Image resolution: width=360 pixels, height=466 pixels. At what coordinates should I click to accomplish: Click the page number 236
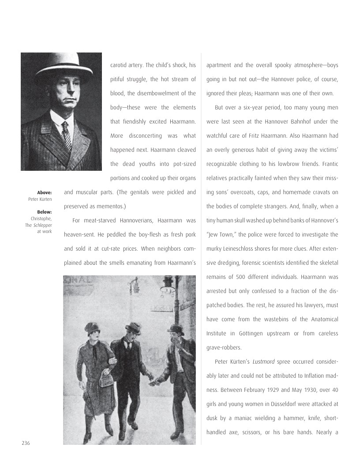[x=26, y=443]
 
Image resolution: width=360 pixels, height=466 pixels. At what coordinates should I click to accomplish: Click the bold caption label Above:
[x=45, y=192]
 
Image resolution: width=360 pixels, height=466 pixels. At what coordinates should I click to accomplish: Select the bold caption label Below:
[x=45, y=212]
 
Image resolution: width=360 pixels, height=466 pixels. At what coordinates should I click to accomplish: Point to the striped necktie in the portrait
[x=66, y=135]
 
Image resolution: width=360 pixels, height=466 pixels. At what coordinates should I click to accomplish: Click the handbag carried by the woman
[x=106, y=378]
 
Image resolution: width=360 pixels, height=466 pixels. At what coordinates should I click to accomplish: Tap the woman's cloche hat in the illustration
[x=93, y=327]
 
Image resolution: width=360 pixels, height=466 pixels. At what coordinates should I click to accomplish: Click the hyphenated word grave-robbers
[x=225, y=347]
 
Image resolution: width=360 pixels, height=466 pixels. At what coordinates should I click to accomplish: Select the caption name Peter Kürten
[x=40, y=199]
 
